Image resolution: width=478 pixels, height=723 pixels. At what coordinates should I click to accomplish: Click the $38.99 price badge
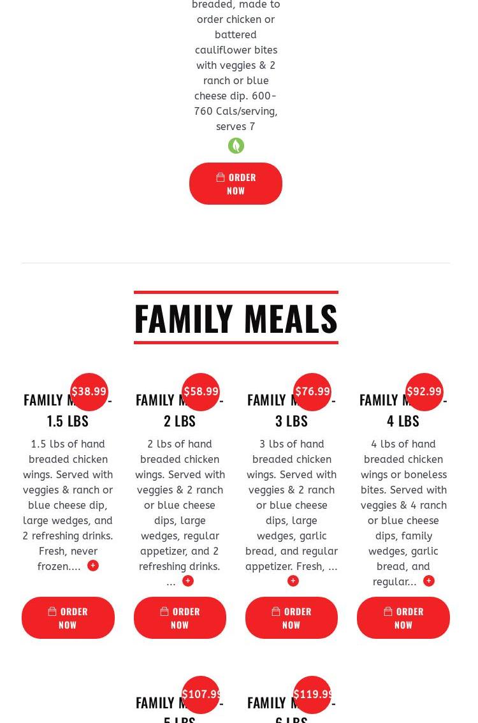(x=89, y=391)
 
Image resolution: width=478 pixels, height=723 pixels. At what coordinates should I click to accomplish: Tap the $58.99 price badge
(x=201, y=391)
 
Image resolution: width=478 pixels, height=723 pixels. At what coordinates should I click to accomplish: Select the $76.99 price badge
(x=312, y=391)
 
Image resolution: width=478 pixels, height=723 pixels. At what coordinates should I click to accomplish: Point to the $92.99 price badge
(x=424, y=391)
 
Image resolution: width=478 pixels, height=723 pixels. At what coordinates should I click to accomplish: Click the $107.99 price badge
(x=201, y=694)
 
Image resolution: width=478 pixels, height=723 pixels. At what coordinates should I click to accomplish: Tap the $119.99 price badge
(x=313, y=694)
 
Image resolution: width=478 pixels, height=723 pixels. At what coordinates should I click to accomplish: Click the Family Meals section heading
(x=236, y=318)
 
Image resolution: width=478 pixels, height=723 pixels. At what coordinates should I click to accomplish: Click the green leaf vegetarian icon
(x=236, y=146)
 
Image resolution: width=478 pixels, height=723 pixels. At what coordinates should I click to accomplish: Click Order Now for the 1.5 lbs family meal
(x=68, y=618)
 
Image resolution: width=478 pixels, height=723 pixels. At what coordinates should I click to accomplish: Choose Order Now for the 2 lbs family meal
(x=180, y=618)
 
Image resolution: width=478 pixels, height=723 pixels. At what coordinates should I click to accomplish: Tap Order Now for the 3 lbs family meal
(x=291, y=618)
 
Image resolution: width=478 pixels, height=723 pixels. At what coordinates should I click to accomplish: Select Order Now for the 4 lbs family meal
(x=403, y=618)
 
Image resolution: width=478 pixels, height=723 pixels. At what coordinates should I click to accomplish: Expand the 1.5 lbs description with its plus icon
(x=93, y=566)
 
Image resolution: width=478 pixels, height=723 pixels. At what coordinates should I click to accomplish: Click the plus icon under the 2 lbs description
(x=188, y=581)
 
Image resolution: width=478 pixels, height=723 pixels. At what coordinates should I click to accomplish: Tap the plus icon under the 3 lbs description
(x=293, y=581)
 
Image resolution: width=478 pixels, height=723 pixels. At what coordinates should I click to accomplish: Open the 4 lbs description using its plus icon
(x=429, y=581)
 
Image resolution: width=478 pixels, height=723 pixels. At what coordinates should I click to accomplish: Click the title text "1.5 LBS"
(x=68, y=421)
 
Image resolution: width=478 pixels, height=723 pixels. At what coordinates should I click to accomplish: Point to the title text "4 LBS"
(x=403, y=421)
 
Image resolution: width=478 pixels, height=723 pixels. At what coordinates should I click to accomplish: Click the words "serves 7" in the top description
(x=236, y=126)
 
